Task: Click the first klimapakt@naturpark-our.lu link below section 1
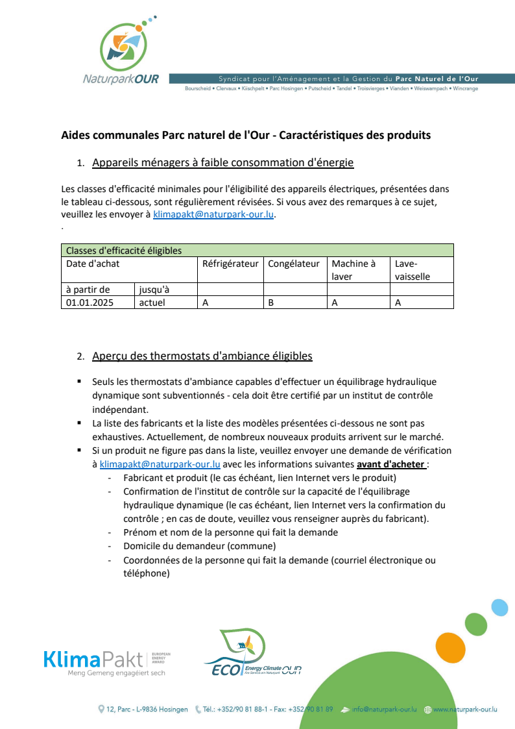point(214,216)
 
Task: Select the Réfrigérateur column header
point(230,264)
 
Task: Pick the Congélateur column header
point(294,264)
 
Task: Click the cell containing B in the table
point(271,303)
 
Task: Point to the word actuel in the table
point(152,303)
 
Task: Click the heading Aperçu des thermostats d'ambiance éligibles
point(202,356)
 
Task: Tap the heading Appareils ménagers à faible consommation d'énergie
point(223,162)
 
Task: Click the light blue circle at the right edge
point(499,608)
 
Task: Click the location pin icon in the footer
point(101,710)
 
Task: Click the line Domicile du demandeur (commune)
point(199,545)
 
